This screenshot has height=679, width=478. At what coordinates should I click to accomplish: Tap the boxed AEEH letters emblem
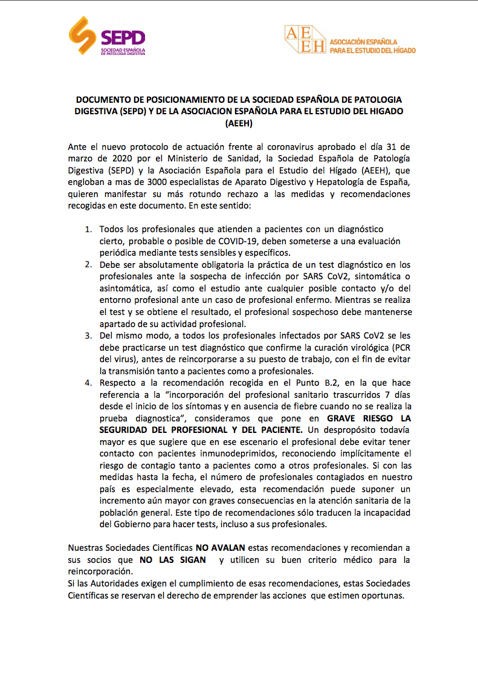[x=305, y=40]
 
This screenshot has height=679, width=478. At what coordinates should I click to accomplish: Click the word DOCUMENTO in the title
[x=102, y=100]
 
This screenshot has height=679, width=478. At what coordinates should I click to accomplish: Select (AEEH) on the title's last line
[x=238, y=123]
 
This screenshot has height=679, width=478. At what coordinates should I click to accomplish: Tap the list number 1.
[x=88, y=229]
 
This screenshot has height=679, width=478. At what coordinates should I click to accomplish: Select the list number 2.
[x=88, y=265]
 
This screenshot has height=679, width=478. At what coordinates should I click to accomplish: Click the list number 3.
[x=88, y=336]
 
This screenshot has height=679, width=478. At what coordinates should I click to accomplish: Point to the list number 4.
[x=88, y=383]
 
